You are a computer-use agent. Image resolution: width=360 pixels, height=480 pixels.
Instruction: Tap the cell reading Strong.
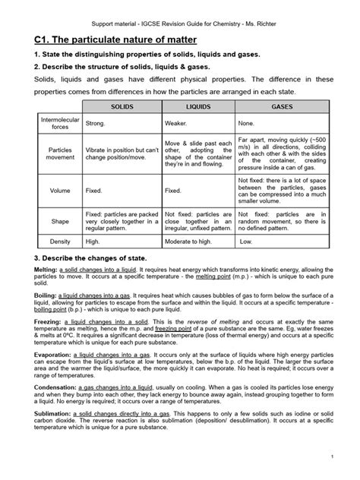96,122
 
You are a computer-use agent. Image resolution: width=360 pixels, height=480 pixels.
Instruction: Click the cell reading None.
246,122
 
